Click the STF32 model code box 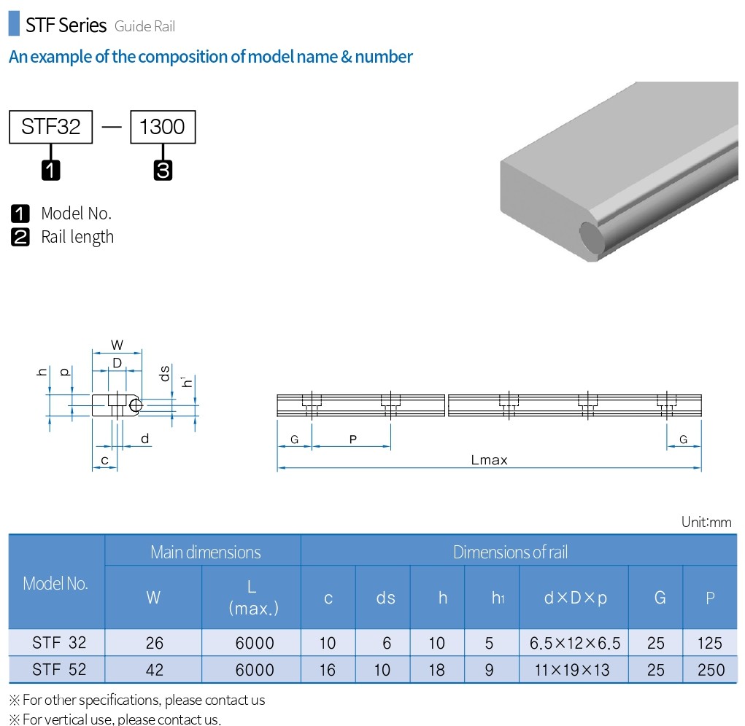point(51,127)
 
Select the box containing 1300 point(163,127)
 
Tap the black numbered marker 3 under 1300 point(163,171)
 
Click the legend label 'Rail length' point(77,237)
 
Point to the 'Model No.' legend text point(77,214)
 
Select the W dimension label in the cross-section point(117,345)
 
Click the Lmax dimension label point(490,460)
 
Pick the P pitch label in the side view point(352,440)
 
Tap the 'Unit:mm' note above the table point(706,522)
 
